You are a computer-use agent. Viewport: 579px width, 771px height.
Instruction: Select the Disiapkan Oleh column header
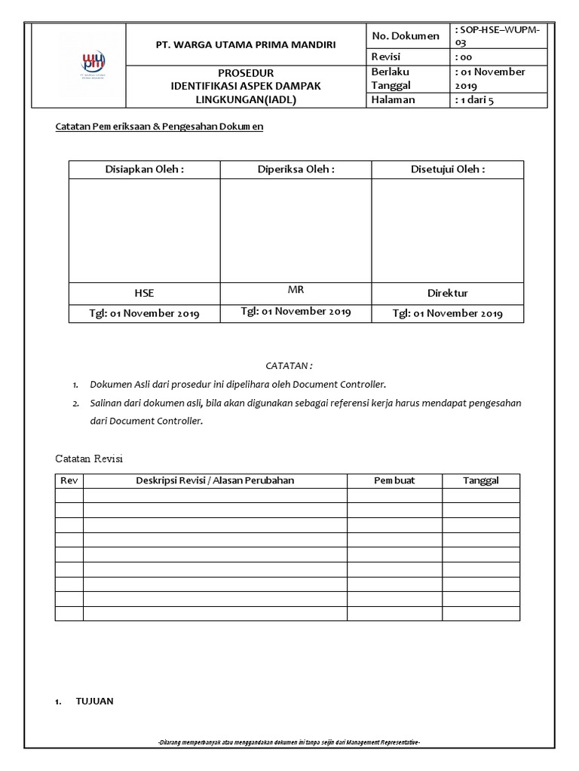pos(144,169)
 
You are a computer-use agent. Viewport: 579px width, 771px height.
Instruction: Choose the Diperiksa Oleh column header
pos(296,169)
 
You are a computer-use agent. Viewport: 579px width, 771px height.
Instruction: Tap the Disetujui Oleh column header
pos(447,169)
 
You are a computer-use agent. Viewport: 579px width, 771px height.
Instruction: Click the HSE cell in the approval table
pos(144,293)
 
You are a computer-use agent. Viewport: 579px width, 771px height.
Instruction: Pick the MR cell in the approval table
pos(296,289)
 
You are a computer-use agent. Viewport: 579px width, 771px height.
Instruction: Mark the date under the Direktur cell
pos(447,313)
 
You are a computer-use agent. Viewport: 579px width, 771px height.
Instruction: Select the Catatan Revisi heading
pos(90,459)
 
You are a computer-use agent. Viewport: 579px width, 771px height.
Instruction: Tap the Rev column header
pos(69,480)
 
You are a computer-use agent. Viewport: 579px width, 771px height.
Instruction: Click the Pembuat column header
pos(394,480)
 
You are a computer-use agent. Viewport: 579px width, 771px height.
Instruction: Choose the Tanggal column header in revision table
pos(480,480)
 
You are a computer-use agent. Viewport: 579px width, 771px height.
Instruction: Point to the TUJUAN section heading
pos(94,702)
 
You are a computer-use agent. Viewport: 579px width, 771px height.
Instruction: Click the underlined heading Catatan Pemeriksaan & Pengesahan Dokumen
pos(159,127)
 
